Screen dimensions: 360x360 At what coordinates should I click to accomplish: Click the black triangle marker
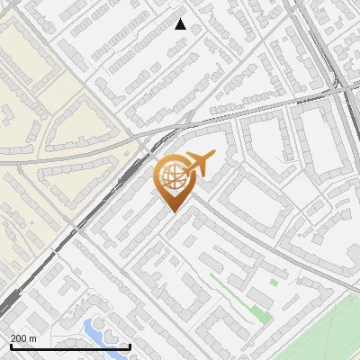pos(180,24)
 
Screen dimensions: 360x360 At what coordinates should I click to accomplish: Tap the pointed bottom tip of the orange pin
pos(171,211)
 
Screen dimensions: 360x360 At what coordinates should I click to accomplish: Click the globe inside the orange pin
pos(171,177)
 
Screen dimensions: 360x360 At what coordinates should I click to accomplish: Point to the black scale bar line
pos(70,347)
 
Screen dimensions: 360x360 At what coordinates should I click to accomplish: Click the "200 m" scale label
pos(23,338)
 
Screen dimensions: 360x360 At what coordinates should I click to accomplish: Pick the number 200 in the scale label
pos(19,338)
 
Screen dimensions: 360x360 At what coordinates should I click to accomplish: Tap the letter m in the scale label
pos(33,338)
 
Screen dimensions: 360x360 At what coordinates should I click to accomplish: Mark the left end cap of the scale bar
pos(10,346)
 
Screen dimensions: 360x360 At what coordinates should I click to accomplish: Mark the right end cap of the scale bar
pos(130,346)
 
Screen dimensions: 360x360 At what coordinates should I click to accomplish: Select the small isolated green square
pos(274,282)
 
